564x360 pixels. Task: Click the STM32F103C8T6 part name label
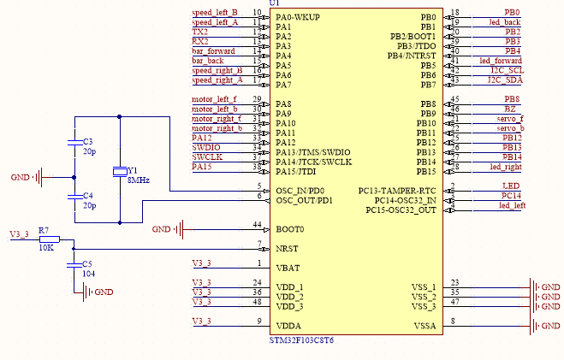(301, 339)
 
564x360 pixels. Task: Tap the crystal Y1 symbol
(121, 172)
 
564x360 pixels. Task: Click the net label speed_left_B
(215, 13)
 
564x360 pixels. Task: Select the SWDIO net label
(205, 147)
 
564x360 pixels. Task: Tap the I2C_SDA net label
(504, 80)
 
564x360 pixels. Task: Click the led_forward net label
(500, 61)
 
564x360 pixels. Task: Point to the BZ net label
(510, 109)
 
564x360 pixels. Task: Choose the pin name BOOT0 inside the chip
(289, 229)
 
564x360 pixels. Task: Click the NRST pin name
(288, 248)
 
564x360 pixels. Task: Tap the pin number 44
(257, 224)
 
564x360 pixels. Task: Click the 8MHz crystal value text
(138, 181)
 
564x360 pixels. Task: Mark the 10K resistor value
(45, 248)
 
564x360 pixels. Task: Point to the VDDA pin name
(288, 326)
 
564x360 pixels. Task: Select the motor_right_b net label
(217, 128)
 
